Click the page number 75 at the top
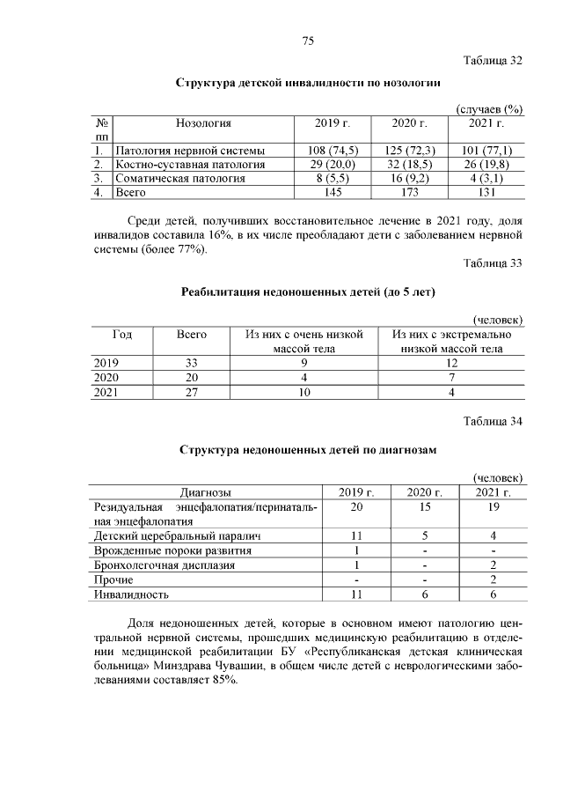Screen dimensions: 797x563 [x=308, y=41]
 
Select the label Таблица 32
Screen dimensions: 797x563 [x=493, y=61]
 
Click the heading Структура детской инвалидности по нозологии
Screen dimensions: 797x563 [x=308, y=82]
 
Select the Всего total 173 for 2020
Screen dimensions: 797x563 [x=408, y=192]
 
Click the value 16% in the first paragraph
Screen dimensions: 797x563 [x=231, y=235]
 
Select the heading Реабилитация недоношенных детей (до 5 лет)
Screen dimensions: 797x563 [x=308, y=291]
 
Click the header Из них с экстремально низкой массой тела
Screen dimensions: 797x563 [x=451, y=342]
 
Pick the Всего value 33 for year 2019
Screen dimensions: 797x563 [x=192, y=363]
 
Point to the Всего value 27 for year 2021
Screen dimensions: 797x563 [x=192, y=393]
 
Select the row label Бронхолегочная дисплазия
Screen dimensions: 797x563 [x=163, y=565]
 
